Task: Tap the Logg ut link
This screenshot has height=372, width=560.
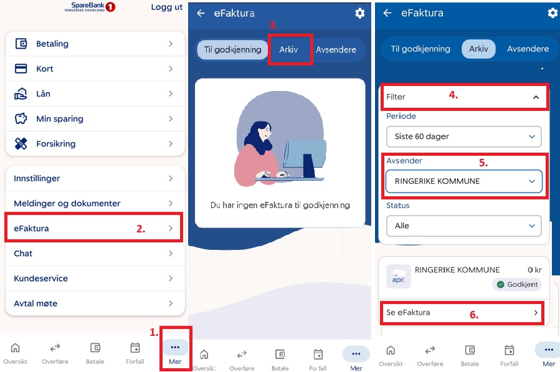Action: tap(166, 7)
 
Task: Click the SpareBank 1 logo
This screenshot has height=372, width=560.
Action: tap(90, 7)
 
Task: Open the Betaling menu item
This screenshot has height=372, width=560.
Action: tap(95, 44)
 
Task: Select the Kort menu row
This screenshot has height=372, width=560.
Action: tap(95, 69)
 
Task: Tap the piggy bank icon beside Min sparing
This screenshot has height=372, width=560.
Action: tap(21, 118)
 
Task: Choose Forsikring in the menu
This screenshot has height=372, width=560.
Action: tap(95, 144)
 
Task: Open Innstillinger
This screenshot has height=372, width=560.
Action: tap(95, 178)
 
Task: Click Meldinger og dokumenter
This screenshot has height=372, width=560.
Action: tap(95, 203)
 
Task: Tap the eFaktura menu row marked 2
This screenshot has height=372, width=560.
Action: tap(93, 228)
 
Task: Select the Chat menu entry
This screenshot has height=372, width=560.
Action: tap(95, 254)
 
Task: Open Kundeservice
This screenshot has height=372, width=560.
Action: tap(95, 279)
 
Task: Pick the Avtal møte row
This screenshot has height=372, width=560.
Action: tap(95, 303)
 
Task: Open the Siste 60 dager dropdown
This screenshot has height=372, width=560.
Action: tap(464, 136)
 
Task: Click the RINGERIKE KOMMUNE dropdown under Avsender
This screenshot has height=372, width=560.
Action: tap(464, 181)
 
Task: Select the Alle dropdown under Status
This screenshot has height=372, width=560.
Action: tap(464, 226)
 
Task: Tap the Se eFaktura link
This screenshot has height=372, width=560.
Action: tap(462, 313)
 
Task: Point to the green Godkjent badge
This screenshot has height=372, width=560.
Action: tap(517, 284)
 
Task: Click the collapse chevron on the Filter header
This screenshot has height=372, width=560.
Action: tap(536, 97)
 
